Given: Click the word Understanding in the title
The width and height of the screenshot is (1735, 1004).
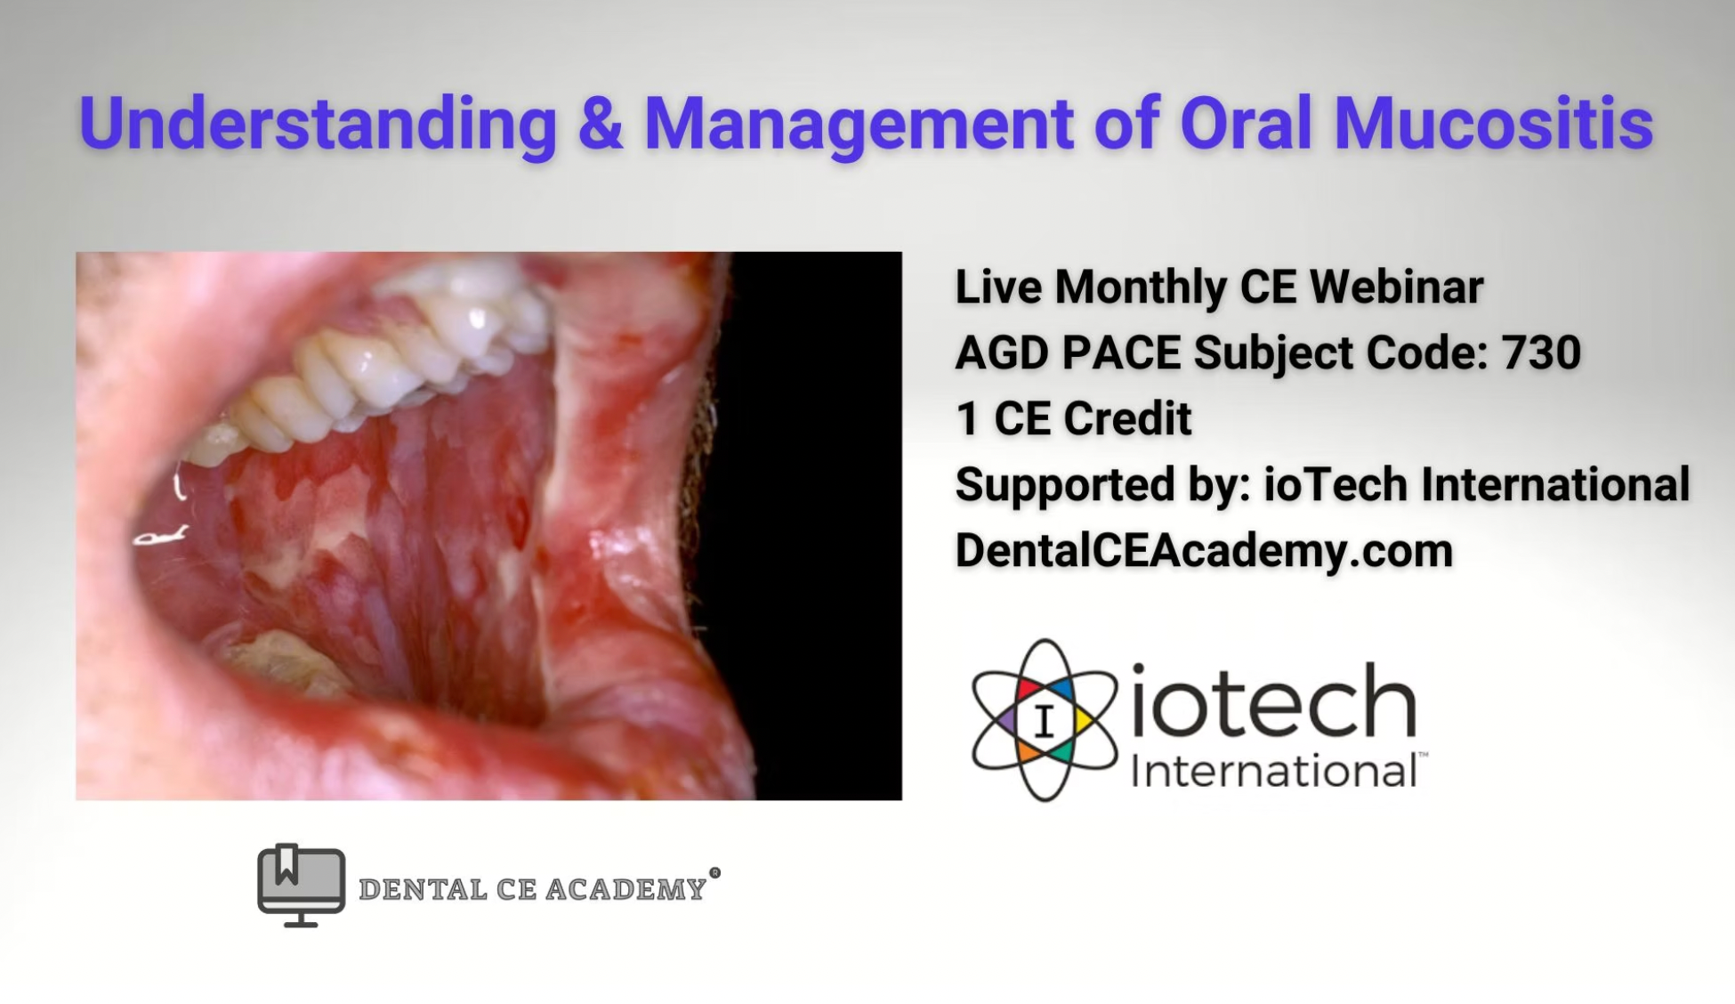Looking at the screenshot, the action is [x=318, y=124].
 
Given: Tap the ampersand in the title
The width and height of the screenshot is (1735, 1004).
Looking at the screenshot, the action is [x=600, y=123].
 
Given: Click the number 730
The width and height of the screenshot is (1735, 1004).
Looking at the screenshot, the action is [x=1541, y=352].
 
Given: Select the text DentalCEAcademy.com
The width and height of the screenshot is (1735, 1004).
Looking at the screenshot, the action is [x=1204, y=550].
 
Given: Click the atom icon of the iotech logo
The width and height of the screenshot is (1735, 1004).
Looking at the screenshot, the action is [x=1045, y=720].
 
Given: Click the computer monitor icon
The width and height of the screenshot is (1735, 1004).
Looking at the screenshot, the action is [x=301, y=885].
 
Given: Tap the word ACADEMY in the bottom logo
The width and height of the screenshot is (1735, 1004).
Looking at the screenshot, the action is [x=626, y=889].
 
